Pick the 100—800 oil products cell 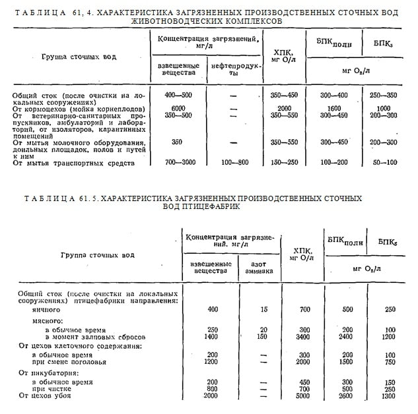pos(234,162)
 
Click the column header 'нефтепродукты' pos(234,70)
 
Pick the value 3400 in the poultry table pos(304,336)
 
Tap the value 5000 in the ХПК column pos(304,396)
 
